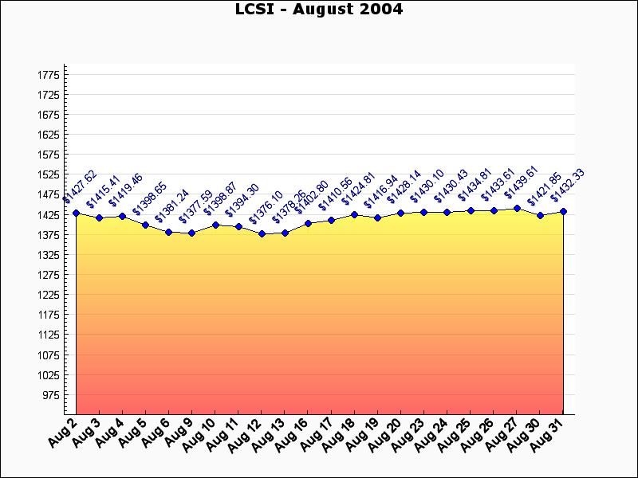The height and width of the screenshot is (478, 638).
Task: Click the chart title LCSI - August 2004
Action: pyautogui.click(x=319, y=10)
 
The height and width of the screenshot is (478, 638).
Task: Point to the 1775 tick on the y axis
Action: pyautogui.click(x=48, y=75)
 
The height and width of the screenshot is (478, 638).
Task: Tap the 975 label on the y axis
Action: pyautogui.click(x=50, y=395)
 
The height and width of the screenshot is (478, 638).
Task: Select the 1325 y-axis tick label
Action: pyautogui.click(x=48, y=255)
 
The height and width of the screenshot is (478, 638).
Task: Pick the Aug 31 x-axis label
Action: pyautogui.click(x=550, y=433)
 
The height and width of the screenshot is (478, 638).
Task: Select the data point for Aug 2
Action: pyautogui.click(x=76, y=213)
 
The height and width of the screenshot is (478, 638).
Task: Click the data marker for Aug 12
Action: pyautogui.click(x=262, y=233)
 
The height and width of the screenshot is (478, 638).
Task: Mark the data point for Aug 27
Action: pyautogui.click(x=517, y=208)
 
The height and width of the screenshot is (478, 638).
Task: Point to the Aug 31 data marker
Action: pyautogui.click(x=564, y=211)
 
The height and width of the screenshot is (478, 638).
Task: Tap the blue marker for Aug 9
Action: pyautogui.click(x=191, y=233)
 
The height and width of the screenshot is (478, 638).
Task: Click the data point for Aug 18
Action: pyautogui.click(x=354, y=214)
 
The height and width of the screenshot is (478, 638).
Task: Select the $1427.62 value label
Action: pyautogui.click(x=80, y=187)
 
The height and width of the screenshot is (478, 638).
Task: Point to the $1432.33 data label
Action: pyautogui.click(x=568, y=186)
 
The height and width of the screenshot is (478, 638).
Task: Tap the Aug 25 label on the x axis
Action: pyautogui.click(x=457, y=434)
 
